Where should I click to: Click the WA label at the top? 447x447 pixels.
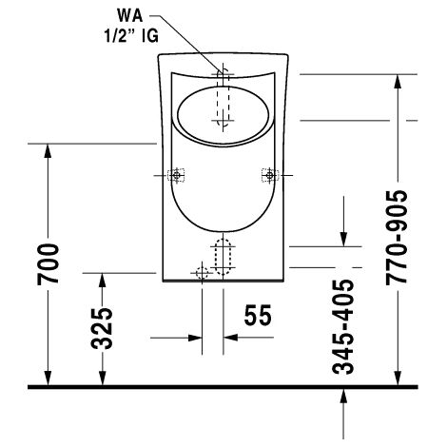(x=129, y=15)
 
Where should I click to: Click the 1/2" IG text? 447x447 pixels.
(x=131, y=36)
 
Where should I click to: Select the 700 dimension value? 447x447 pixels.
(x=48, y=264)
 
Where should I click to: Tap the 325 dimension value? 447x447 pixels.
(x=102, y=328)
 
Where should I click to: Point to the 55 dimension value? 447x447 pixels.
(x=258, y=315)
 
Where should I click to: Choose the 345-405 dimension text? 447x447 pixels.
(x=342, y=327)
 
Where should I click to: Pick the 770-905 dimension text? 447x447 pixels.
(x=397, y=238)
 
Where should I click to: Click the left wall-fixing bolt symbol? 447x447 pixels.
(x=176, y=175)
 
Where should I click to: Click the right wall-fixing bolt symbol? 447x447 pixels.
(x=270, y=175)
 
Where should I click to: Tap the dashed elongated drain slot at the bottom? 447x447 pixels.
(x=223, y=257)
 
